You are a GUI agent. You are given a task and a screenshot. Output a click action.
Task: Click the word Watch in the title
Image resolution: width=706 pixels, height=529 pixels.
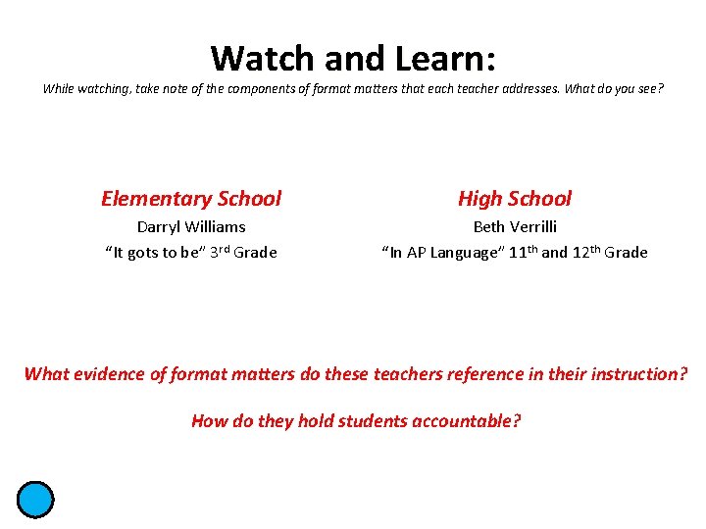[x=262, y=58]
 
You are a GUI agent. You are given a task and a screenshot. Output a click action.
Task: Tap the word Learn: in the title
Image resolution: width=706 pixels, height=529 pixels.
[x=446, y=58]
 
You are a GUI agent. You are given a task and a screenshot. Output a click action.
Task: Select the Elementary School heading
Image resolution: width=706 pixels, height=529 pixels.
[x=191, y=199]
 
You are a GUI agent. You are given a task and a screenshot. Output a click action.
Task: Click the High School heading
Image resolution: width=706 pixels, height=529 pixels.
[x=514, y=199]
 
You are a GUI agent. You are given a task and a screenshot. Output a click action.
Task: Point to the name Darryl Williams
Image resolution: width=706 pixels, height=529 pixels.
[x=191, y=226]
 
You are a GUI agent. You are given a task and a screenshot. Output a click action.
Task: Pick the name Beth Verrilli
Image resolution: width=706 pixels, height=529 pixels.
[x=515, y=226]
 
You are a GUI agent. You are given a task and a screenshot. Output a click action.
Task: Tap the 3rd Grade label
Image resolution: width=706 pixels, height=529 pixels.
[x=244, y=252]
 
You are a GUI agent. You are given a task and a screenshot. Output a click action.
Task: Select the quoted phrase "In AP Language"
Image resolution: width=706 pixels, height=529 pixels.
[x=442, y=253]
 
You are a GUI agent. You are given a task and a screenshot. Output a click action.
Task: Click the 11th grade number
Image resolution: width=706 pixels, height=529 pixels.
[x=524, y=252]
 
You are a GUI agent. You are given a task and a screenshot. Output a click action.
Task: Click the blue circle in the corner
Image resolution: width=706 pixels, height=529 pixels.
[x=34, y=500]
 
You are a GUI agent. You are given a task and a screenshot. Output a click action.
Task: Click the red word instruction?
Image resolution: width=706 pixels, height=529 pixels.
[x=639, y=373]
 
